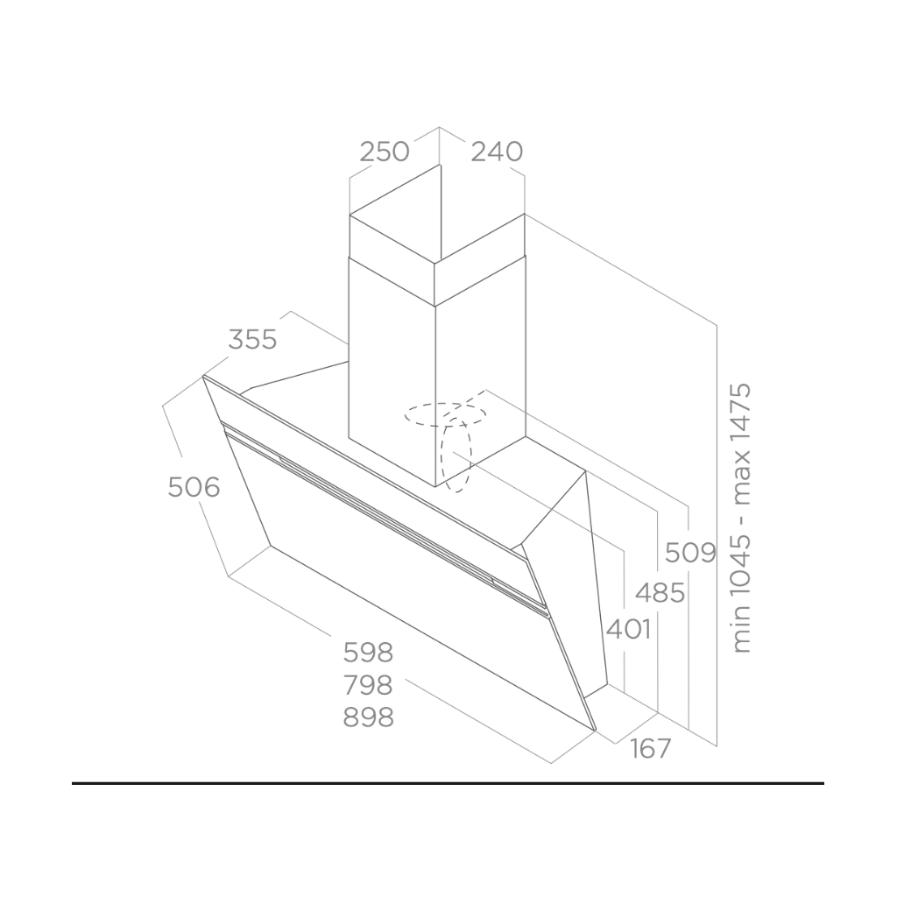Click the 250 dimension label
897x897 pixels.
point(385,152)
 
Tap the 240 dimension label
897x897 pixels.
point(498,152)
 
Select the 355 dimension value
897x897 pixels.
point(252,340)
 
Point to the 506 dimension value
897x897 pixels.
point(194,487)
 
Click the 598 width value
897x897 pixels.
point(369,653)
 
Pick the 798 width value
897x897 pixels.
point(369,685)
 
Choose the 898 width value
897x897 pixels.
point(369,717)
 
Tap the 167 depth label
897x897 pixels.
point(651,748)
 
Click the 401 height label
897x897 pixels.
point(629,630)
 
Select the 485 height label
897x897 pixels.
point(660,593)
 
